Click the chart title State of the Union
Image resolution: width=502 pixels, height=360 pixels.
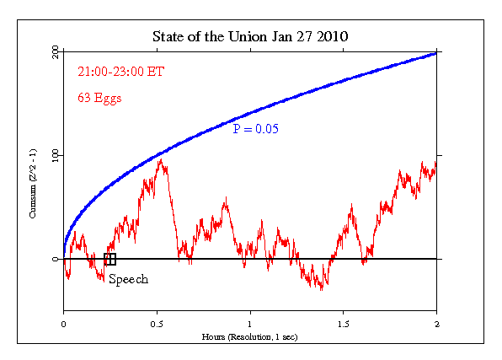[x=250, y=37]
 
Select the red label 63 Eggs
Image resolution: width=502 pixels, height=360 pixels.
[x=99, y=98]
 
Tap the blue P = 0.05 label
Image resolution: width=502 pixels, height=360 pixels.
[x=256, y=129]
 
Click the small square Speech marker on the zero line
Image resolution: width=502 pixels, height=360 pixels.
[x=109, y=259]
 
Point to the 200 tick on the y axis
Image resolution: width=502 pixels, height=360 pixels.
[x=55, y=52]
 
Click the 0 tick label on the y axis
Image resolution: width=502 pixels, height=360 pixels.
[x=55, y=259]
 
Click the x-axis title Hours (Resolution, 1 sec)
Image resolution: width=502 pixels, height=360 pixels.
[x=250, y=336]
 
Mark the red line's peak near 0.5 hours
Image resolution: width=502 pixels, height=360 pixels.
[x=160, y=160]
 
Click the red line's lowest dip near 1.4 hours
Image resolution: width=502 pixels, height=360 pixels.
[x=321, y=289]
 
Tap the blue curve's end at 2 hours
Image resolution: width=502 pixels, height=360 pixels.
[x=436, y=53]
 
